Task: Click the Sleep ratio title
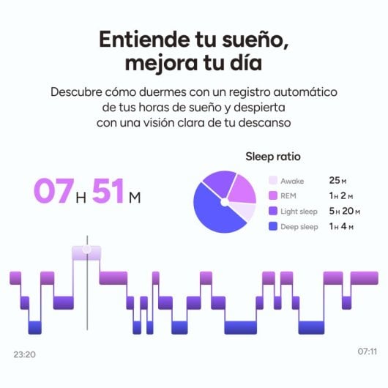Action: (273, 156)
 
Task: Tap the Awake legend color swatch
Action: (273, 181)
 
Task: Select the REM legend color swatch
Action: (273, 196)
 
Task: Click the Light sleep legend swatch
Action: (273, 212)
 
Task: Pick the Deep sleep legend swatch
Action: (273, 227)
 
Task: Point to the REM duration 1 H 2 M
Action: (341, 196)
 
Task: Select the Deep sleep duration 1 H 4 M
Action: (341, 227)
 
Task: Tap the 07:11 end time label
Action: (367, 352)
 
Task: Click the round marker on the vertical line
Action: (86, 250)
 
